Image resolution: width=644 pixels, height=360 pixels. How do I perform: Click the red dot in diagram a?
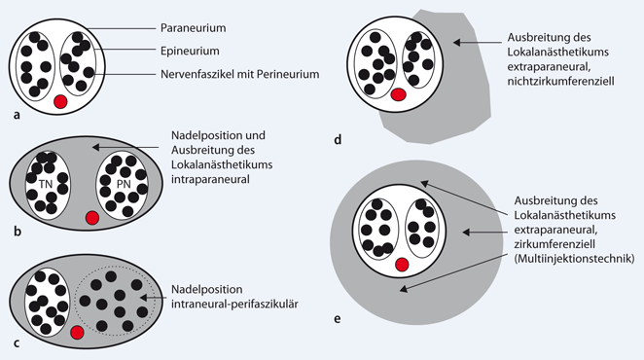(60, 101)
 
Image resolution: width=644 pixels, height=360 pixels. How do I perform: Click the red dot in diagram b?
(92, 218)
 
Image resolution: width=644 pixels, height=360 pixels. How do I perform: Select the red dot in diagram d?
(397, 94)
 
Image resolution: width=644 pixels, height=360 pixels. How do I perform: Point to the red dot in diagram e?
(401, 264)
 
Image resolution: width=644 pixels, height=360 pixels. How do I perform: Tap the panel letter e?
(337, 317)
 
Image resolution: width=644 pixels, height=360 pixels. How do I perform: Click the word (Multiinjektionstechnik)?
(573, 261)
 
